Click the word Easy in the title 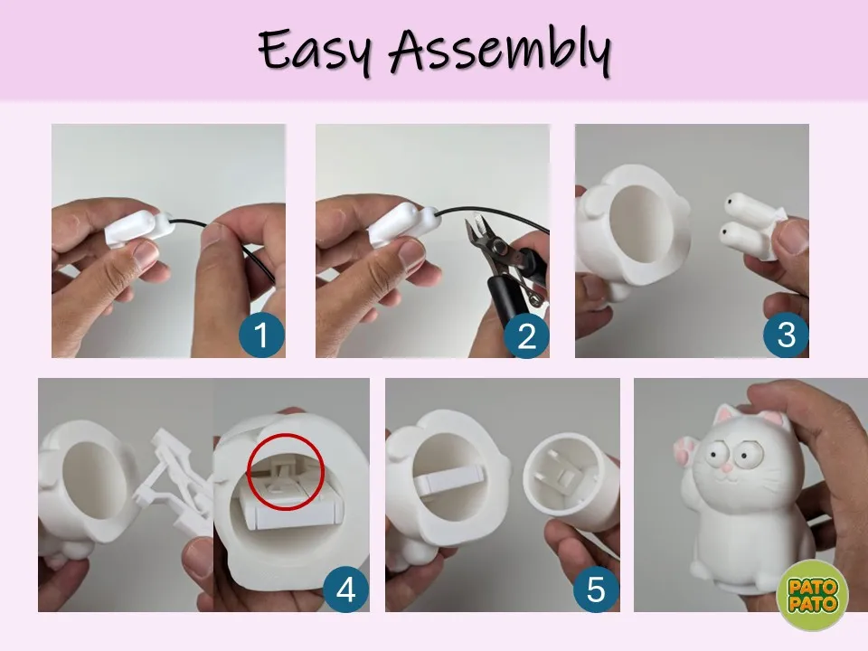pos(315,50)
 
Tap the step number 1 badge pos(262,335)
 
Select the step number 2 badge pos(526,335)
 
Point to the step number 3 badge pos(786,335)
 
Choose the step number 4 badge pos(346,589)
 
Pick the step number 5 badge pos(596,589)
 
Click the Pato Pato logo pos(812,595)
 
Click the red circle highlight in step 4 pos(286,434)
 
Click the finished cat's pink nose pos(724,467)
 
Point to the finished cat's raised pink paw pos(685,449)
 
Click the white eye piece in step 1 pos(138,228)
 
